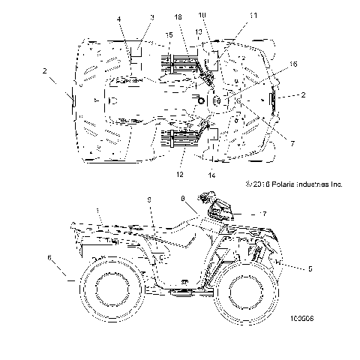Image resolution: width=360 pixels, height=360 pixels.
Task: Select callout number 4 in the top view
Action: click(118, 18)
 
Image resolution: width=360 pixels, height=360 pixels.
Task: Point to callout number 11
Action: click(231, 16)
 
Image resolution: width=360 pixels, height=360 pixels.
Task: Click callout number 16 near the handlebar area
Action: click(293, 66)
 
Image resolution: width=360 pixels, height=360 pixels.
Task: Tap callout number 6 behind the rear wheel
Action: click(51, 257)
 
